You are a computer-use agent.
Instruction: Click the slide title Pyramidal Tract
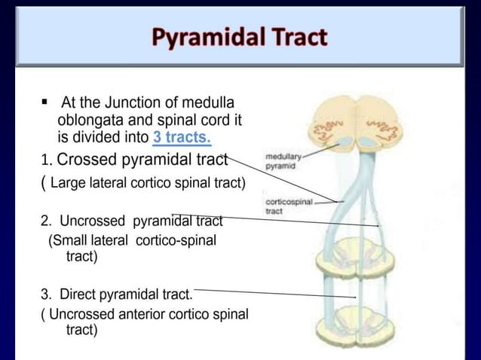point(240,36)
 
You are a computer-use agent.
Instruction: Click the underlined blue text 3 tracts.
point(182,137)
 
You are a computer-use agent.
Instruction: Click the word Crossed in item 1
point(86,160)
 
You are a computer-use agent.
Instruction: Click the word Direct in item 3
point(78,294)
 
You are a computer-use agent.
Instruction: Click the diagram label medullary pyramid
point(283,160)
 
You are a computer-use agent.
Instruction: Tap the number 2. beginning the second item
point(46,221)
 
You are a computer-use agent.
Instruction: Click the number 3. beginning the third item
point(46,294)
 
